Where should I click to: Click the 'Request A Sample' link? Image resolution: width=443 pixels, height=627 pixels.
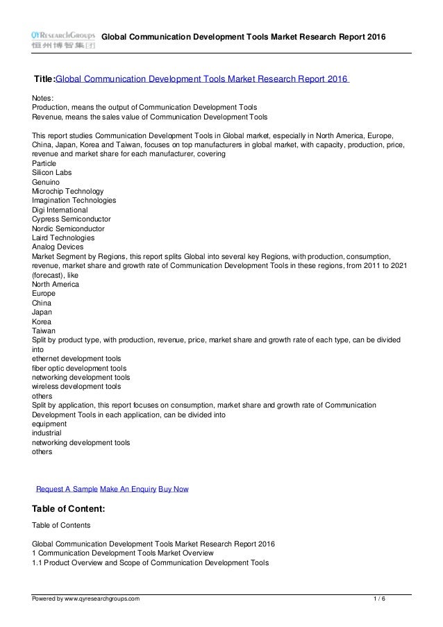click(x=67, y=489)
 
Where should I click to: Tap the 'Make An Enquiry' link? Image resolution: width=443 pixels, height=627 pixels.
click(x=128, y=489)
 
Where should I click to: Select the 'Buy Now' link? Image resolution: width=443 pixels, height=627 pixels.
click(x=174, y=489)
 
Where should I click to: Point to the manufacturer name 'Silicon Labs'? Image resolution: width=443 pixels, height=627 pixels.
click(x=52, y=172)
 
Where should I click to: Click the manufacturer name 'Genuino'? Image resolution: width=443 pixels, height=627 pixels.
click(x=47, y=181)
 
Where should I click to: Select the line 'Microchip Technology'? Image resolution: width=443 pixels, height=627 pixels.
click(x=68, y=191)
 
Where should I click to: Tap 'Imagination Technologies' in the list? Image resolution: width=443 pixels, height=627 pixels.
click(x=74, y=200)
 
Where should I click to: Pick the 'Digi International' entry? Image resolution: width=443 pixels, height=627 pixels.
click(x=60, y=209)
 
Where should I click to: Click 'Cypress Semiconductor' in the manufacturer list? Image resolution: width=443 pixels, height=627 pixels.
click(x=72, y=219)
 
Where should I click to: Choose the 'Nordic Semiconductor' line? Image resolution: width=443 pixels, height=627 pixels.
click(x=69, y=228)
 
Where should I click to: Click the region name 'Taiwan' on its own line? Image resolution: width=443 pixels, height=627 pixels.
click(x=44, y=331)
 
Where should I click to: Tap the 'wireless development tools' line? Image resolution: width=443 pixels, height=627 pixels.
click(x=76, y=386)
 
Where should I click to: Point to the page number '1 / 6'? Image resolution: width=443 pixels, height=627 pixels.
click(x=380, y=598)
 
